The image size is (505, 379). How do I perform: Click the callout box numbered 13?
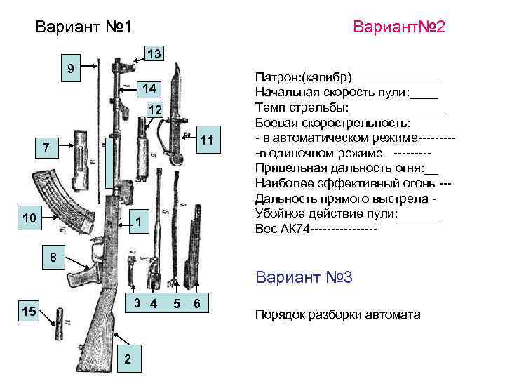point(154,54)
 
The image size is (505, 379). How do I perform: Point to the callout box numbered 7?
point(46,148)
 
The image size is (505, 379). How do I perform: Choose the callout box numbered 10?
point(29,218)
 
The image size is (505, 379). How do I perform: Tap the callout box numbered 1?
point(139,222)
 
